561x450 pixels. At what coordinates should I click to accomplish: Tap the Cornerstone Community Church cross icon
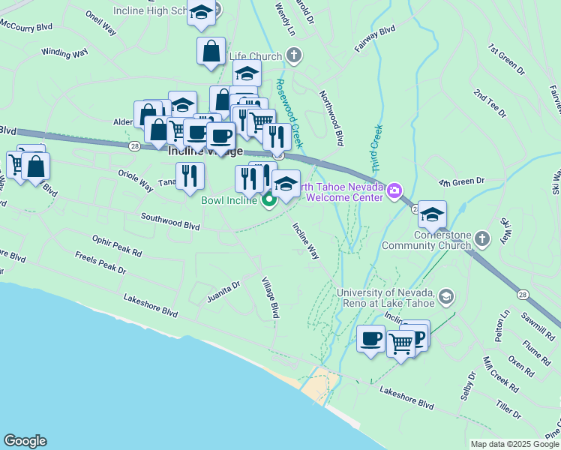pyautogui.click(x=482, y=238)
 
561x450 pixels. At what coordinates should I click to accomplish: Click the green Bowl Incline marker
pyautogui.click(x=268, y=200)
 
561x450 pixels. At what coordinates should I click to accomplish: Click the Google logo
pyautogui.click(x=25, y=441)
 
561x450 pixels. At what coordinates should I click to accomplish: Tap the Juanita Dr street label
pyautogui.click(x=224, y=291)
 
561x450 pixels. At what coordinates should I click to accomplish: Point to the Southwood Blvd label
pyautogui.click(x=171, y=220)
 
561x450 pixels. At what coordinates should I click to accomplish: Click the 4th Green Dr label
pyautogui.click(x=463, y=181)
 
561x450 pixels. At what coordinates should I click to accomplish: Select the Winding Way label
pyautogui.click(x=65, y=52)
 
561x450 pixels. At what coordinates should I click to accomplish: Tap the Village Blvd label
pyautogui.click(x=269, y=298)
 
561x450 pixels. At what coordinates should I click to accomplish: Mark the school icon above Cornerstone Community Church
pyautogui.click(x=432, y=215)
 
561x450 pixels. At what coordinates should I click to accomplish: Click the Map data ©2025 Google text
pyautogui.click(x=514, y=444)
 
